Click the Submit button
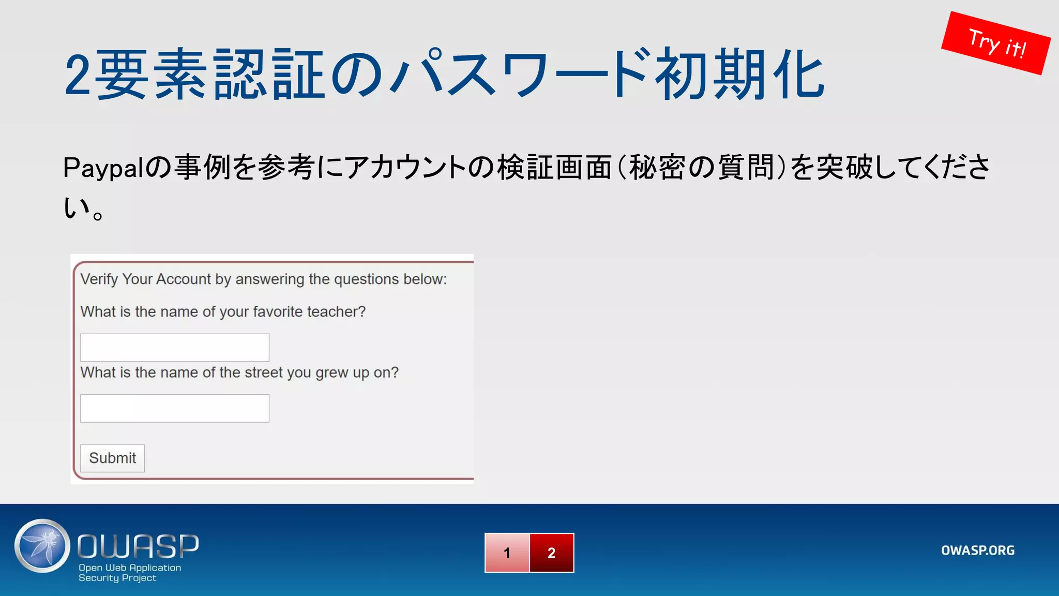112,458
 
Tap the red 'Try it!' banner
996,43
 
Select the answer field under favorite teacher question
175,348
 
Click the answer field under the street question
175,409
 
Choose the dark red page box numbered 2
551,553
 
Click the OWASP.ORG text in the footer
977,550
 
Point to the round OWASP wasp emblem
42,546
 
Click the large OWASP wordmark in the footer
138,546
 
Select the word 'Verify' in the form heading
99,279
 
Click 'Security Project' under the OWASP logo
117,578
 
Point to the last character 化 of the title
799,75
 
